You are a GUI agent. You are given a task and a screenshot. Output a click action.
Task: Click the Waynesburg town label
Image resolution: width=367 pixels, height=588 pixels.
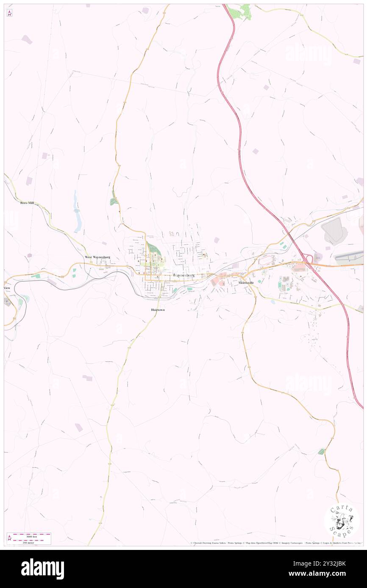[x=184, y=275]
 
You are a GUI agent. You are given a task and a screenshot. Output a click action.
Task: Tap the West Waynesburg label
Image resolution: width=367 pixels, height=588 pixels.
[x=97, y=257]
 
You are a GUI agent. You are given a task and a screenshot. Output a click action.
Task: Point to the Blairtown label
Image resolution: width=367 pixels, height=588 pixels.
[x=158, y=310]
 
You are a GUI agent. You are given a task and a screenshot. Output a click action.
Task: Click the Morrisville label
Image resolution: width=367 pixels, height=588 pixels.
[x=246, y=282]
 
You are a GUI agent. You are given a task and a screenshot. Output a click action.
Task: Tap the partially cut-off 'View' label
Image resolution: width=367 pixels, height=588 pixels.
[x=7, y=288]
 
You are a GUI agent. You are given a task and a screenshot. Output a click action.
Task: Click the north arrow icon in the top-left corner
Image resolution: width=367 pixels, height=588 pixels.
[x=9, y=13]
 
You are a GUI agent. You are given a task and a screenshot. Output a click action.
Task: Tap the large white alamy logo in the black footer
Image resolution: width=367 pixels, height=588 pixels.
[x=42, y=569]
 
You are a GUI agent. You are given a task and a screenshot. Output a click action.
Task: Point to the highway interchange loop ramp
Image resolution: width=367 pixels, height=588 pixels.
[x=308, y=259]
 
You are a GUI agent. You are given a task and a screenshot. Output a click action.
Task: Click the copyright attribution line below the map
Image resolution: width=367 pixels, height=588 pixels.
[x=275, y=543]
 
